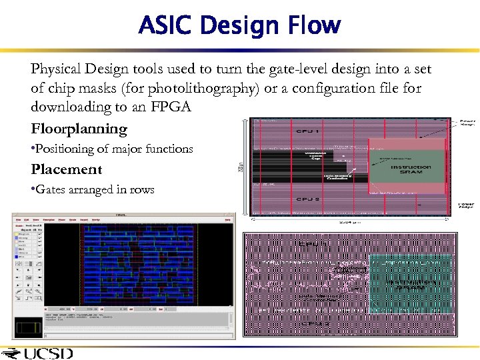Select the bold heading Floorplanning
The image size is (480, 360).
click(x=79, y=129)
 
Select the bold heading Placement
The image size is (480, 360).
click(x=67, y=169)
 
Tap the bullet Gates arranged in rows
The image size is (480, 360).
click(x=93, y=189)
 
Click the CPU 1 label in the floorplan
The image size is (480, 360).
click(x=309, y=131)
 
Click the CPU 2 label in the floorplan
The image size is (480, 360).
click(x=309, y=199)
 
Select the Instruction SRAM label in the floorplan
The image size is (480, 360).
click(x=411, y=170)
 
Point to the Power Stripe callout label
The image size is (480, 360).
click(x=466, y=206)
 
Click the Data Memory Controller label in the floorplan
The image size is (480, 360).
click(x=338, y=177)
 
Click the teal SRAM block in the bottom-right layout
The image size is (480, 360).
click(x=410, y=283)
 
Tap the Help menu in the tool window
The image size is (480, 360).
click(x=227, y=219)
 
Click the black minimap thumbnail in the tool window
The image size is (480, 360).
click(x=27, y=327)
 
